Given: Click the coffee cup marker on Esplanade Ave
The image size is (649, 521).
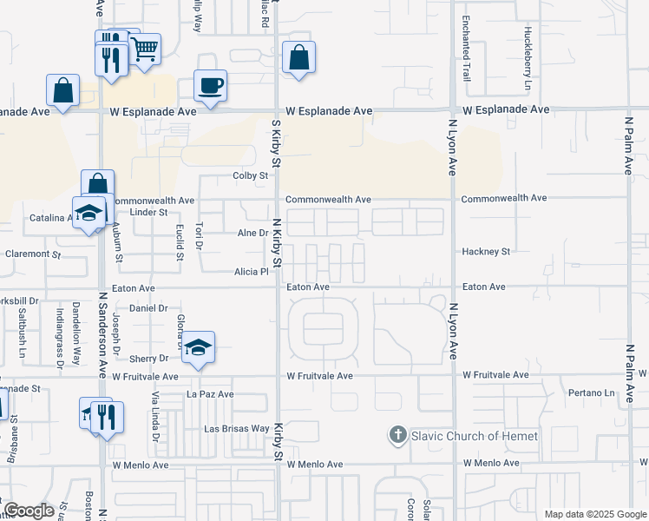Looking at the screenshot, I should (210, 86).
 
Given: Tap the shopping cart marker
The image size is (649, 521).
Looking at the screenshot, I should (145, 49).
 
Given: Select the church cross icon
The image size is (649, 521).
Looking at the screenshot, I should (398, 435).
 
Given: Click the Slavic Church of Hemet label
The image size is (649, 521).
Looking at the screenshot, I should (474, 436).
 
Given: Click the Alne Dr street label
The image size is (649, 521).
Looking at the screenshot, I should (252, 233).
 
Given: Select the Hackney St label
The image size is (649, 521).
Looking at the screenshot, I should (487, 252).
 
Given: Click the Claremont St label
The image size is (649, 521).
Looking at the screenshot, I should (33, 254).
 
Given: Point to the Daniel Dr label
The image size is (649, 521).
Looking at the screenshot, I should (148, 308).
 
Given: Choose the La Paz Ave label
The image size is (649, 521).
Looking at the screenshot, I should (211, 393).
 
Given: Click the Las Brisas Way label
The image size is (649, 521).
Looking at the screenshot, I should (236, 429).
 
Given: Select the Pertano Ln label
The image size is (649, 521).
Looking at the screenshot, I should (591, 393).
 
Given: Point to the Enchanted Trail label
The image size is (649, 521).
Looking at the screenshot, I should (466, 44).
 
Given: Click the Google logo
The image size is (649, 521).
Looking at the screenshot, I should (29, 511).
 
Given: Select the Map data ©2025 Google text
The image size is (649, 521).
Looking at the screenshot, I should (594, 514).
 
